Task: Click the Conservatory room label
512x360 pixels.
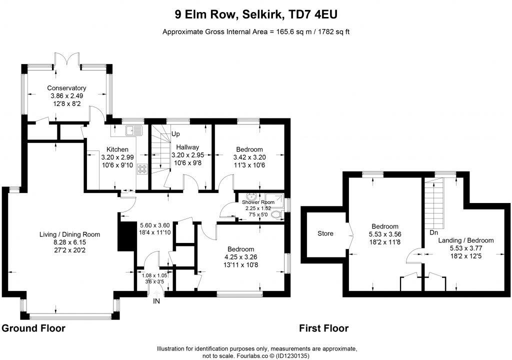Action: pos(66,88)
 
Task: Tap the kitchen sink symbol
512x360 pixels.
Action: pos(133,131)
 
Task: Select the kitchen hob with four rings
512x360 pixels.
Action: pos(141,169)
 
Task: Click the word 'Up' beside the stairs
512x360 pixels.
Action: pos(175,134)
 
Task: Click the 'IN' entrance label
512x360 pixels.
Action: pos(157,301)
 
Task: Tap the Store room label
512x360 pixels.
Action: pos(325,233)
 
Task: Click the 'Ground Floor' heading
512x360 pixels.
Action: pos(33,328)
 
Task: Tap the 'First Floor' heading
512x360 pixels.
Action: pos(323,328)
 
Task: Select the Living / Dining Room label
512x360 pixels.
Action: pos(70,234)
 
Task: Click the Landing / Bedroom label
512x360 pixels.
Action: pos(465,240)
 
